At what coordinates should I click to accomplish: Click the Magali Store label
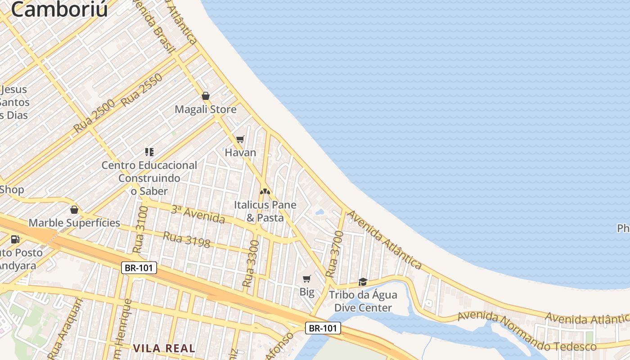(x=205, y=109)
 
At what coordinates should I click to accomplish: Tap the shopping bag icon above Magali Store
(x=206, y=96)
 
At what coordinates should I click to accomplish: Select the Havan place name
(x=240, y=153)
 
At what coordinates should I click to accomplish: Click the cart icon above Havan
(x=240, y=139)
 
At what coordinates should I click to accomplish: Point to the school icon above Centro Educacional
(x=149, y=152)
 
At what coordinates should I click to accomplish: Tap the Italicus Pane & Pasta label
(x=265, y=211)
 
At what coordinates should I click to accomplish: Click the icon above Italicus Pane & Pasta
(x=265, y=192)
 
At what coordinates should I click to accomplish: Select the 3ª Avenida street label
(x=198, y=214)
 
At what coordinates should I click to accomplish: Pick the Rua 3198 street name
(x=187, y=239)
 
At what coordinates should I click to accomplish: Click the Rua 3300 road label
(x=251, y=264)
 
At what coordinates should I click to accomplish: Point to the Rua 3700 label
(x=334, y=254)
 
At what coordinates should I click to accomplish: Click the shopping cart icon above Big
(x=307, y=279)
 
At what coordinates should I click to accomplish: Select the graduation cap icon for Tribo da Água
(x=363, y=282)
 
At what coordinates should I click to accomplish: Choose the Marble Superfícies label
(x=74, y=223)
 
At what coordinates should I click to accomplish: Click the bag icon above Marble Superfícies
(x=74, y=210)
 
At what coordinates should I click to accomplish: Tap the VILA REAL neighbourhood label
(x=164, y=348)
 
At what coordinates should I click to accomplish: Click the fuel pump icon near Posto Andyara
(x=15, y=239)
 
